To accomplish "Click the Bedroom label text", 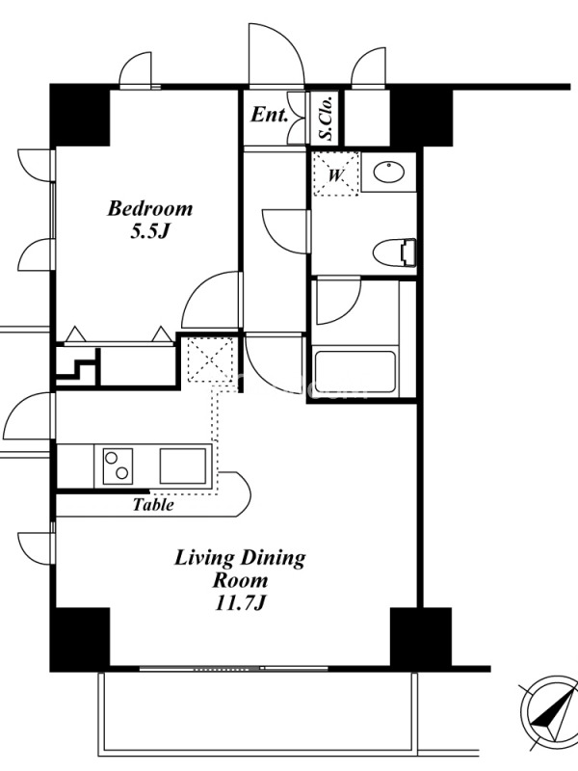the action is tap(150, 208).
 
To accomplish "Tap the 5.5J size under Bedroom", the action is tap(150, 231).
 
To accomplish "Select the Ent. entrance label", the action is tap(269, 115).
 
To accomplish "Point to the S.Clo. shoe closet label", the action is tap(327, 118).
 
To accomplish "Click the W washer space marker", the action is tap(335, 174).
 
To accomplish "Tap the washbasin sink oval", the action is tap(389, 173).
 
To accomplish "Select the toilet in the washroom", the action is tap(394, 253).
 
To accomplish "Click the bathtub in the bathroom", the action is tap(355, 372).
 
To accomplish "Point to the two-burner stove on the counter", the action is tap(118, 465).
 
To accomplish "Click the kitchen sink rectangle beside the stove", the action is tap(183, 465).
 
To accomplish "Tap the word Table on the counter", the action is tap(153, 504).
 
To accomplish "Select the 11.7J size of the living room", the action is tap(240, 602).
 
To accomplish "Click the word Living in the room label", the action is tap(205, 559).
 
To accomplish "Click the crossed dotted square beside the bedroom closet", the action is tap(210, 359).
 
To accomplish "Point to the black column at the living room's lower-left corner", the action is tap(80, 640).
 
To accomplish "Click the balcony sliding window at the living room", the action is tap(234, 668).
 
